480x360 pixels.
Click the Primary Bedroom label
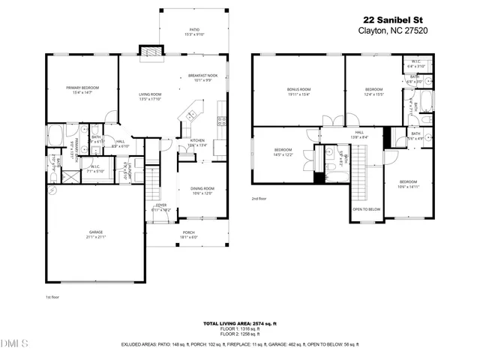coord(82,90)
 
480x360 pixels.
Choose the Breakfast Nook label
coord(203,77)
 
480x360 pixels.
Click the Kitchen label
coord(197,142)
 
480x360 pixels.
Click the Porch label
coord(189,235)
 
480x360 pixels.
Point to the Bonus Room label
coord(298,92)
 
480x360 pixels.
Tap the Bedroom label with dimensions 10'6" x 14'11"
coord(408,184)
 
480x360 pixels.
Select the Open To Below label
coord(367,209)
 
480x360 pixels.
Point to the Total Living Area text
coord(239,323)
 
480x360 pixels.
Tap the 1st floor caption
coord(52,298)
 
